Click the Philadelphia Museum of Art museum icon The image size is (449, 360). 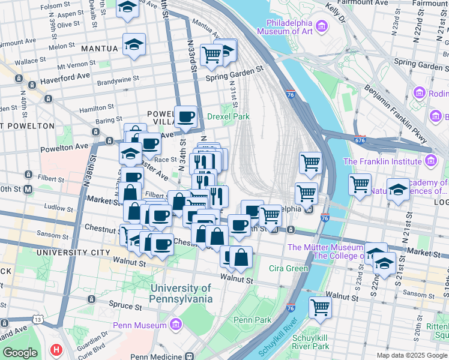pyautogui.click(x=322, y=26)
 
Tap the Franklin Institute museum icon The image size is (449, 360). pyautogui.click(x=430, y=161)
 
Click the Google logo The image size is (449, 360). pyautogui.click(x=20, y=353)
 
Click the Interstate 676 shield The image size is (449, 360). pyautogui.click(x=361, y=140)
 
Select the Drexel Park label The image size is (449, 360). pyautogui.click(x=228, y=116)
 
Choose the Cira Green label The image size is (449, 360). pyautogui.click(x=288, y=268)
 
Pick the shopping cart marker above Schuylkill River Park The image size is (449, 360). pyautogui.click(x=320, y=307)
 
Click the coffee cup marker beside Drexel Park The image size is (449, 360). pyautogui.click(x=185, y=116)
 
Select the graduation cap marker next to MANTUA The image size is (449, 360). pyautogui.click(x=134, y=44)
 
